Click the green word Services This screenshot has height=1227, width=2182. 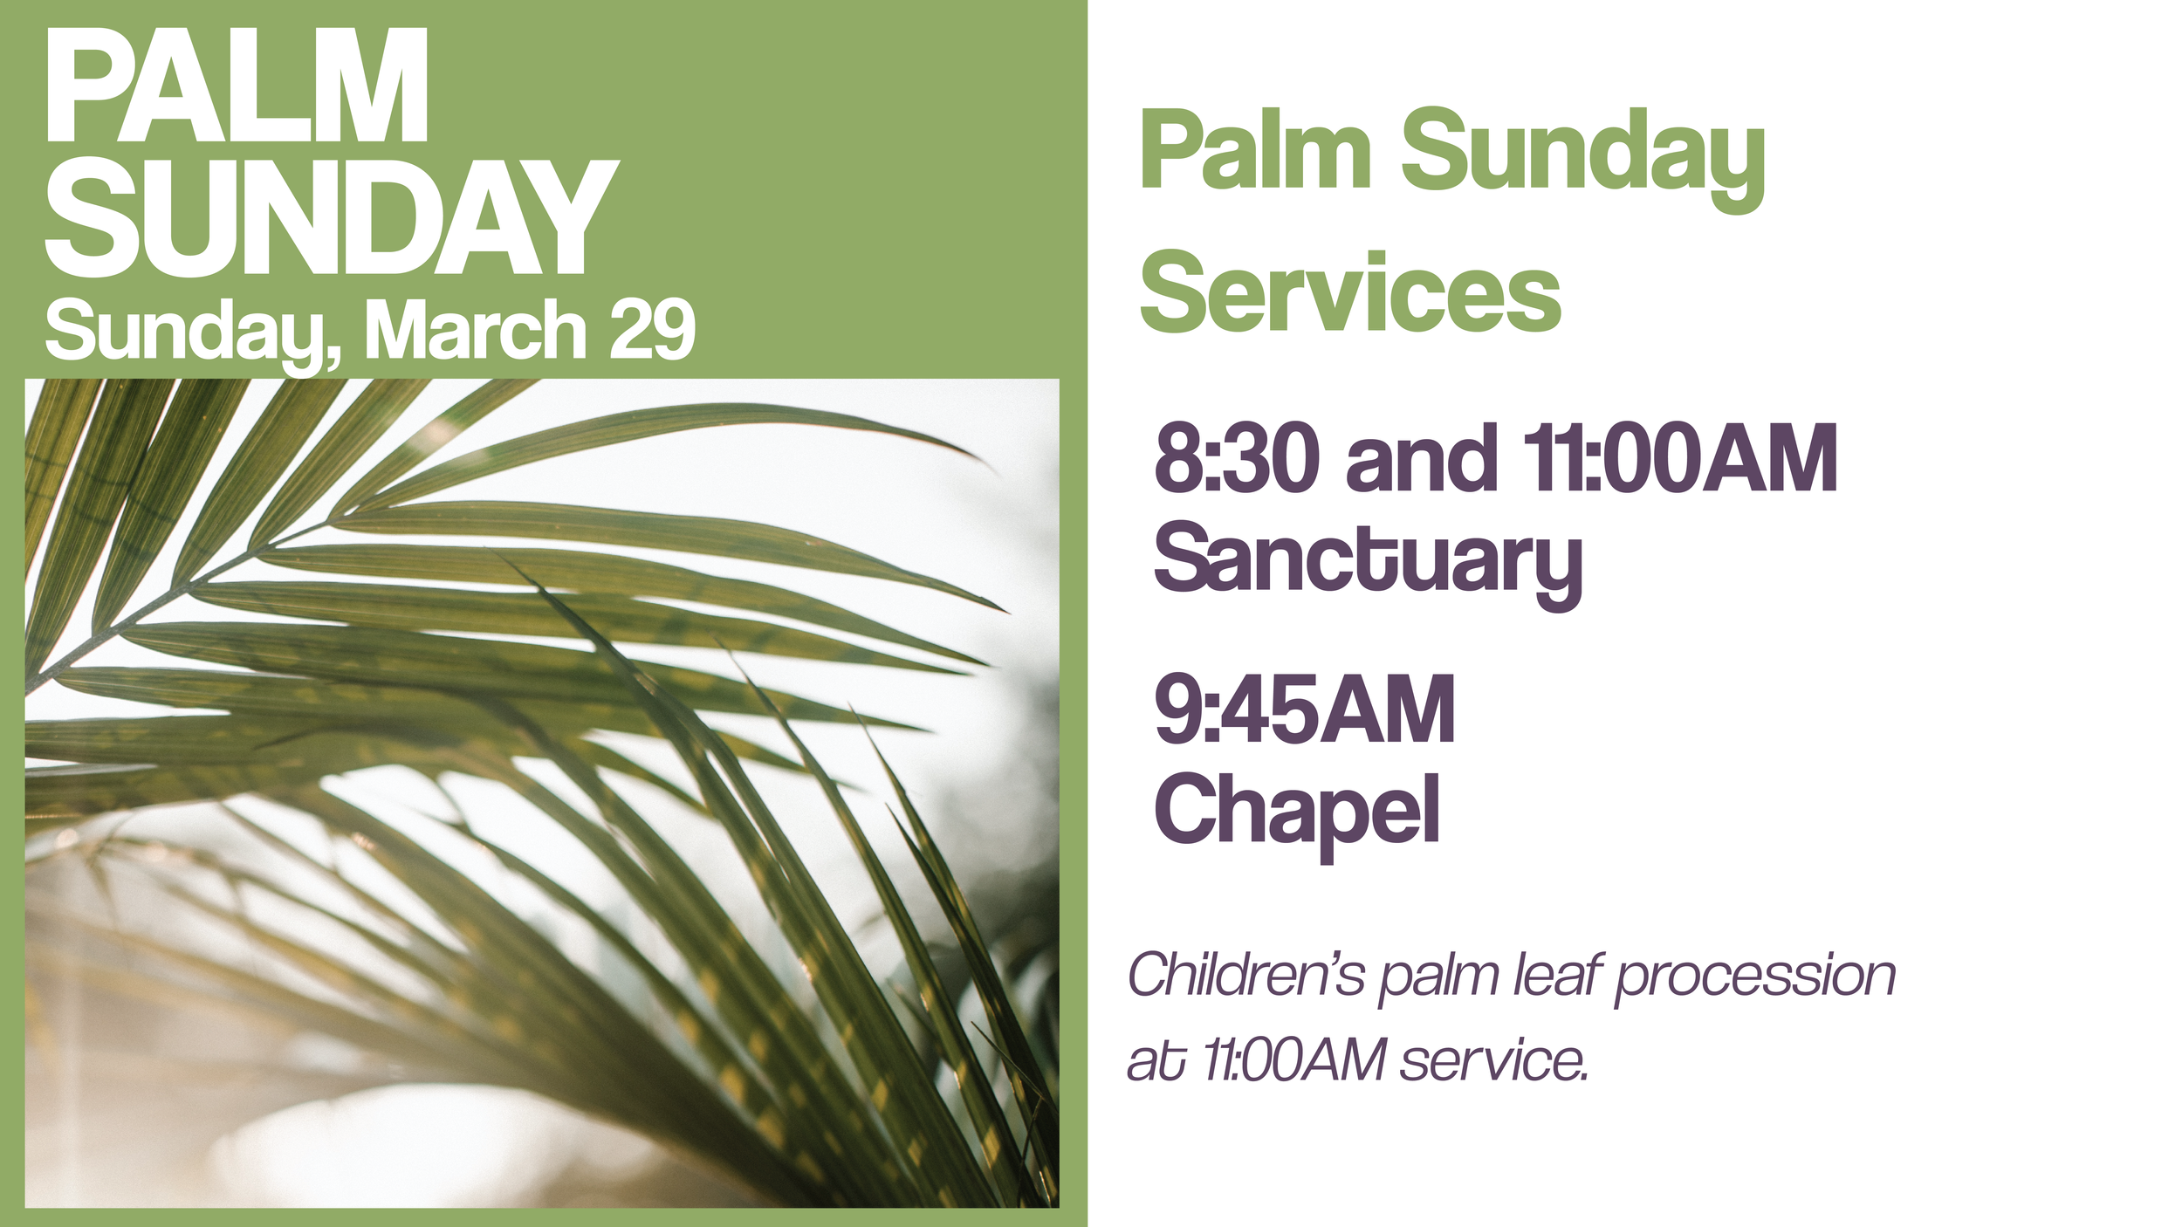click(1350, 293)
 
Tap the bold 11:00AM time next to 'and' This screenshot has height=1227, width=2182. click(1680, 458)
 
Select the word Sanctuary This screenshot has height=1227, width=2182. click(1368, 559)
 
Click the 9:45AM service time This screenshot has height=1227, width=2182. click(1305, 709)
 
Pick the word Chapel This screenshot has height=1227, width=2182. click(1297, 812)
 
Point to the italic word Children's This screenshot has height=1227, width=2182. click(1246, 975)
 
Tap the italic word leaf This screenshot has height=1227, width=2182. click(1557, 975)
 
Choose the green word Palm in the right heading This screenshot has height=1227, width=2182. click(1255, 150)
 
